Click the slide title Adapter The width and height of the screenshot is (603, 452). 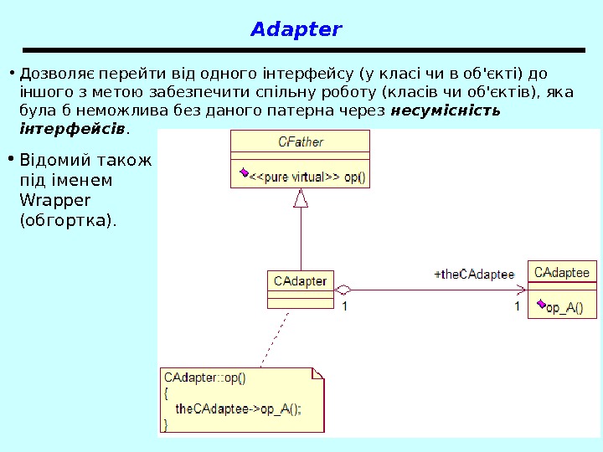pyautogui.click(x=296, y=30)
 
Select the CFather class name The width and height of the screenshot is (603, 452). pyautogui.click(x=300, y=141)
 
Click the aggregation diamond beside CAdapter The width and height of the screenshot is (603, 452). pyautogui.click(x=343, y=290)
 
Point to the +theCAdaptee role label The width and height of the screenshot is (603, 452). pyautogui.click(x=474, y=273)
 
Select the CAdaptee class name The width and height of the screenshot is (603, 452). pyautogui.click(x=562, y=272)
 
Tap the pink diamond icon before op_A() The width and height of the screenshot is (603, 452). pyautogui.click(x=542, y=306)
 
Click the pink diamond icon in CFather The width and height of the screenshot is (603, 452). pyautogui.click(x=243, y=173)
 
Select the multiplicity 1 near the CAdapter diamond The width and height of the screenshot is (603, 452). pyautogui.click(x=344, y=306)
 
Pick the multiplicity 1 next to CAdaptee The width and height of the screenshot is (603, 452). pyautogui.click(x=517, y=306)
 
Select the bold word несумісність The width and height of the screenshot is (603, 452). pyautogui.click(x=446, y=110)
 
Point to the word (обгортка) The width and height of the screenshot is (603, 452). pyautogui.click(x=68, y=221)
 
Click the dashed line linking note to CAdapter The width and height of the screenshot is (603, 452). pyautogui.click(x=274, y=339)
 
